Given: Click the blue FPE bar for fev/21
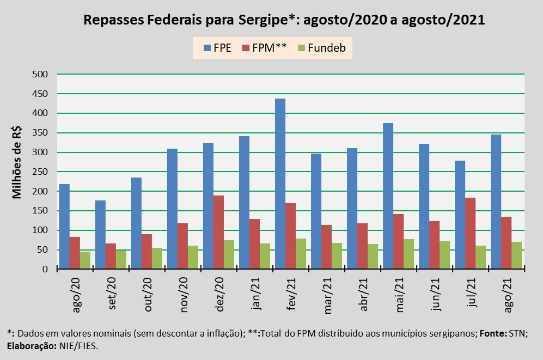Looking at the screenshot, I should point(280,184).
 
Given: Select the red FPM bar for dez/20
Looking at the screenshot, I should point(218,232).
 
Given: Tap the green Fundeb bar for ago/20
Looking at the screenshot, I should point(85,260).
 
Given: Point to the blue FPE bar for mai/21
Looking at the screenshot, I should point(388,196).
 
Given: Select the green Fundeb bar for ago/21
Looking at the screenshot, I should point(516,255).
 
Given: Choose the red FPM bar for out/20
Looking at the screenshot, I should point(147,252).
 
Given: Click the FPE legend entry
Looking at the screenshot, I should point(217,47).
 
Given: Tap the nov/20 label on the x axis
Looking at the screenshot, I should point(184,294).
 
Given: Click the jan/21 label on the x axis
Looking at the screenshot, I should point(256,294).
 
